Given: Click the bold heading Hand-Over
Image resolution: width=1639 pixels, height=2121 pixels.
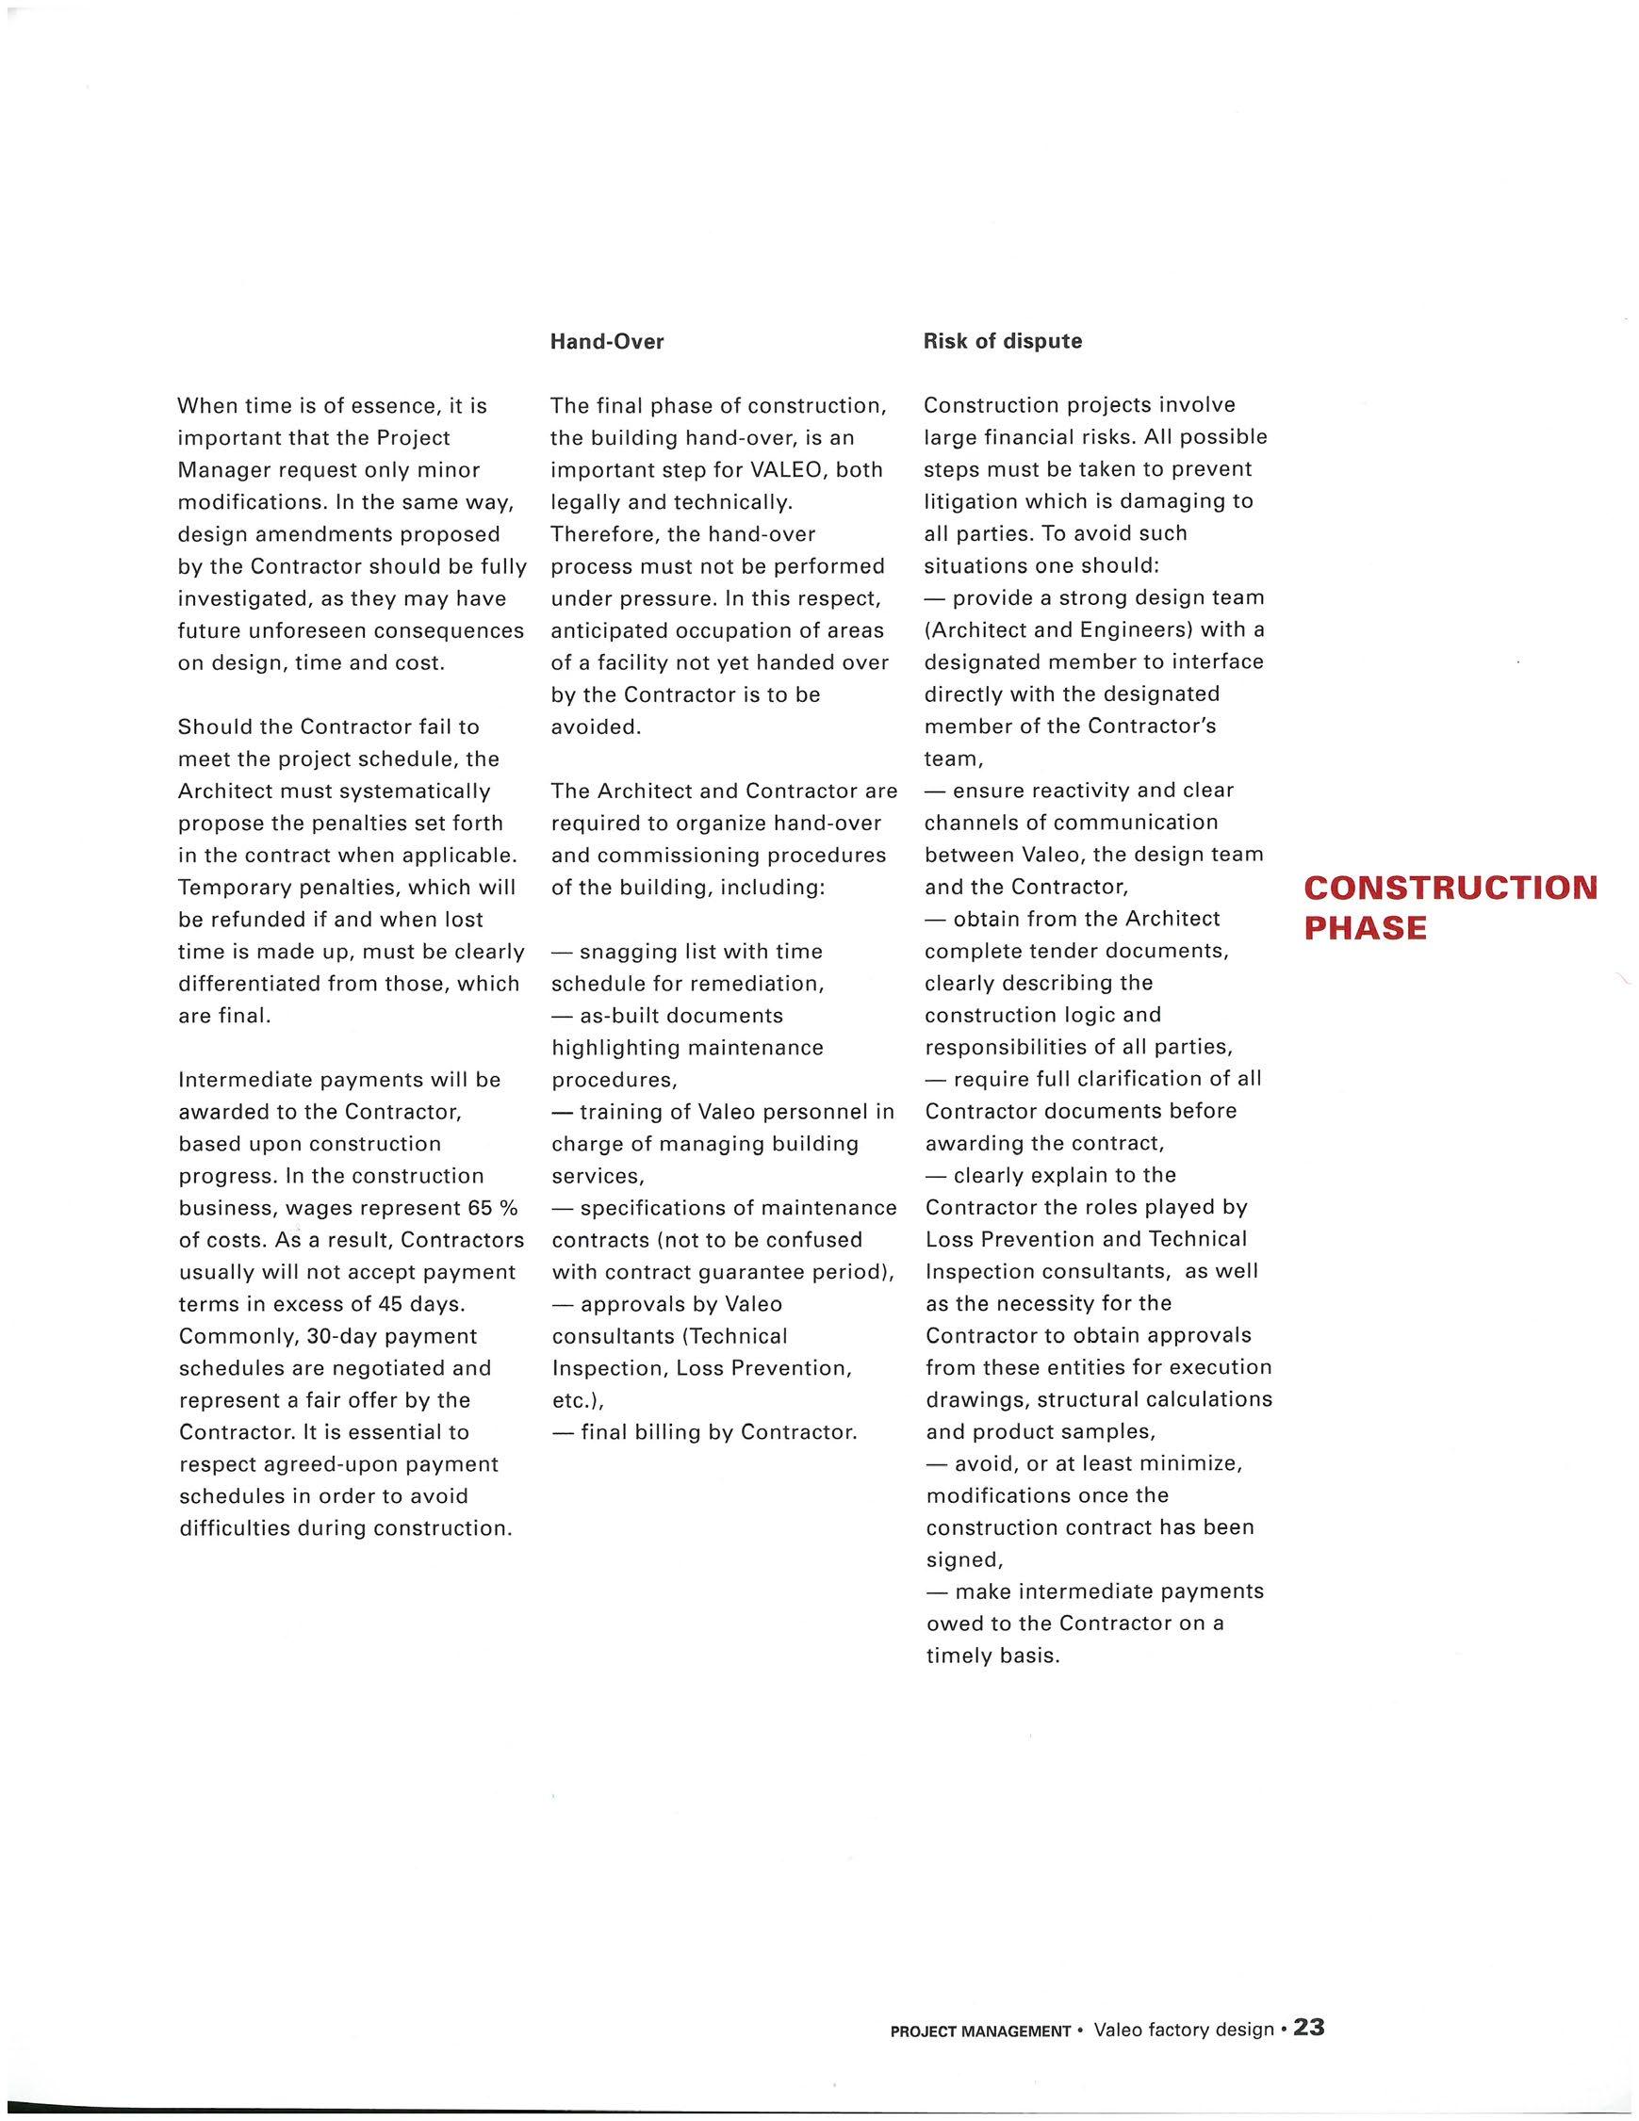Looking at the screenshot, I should point(607,342).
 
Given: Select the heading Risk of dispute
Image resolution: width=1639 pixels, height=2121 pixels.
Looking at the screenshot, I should point(1002,342).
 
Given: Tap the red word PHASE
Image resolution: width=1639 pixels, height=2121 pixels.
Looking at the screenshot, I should point(1365,928).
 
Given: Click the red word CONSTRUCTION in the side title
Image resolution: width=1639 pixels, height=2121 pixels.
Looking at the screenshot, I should point(1450,888).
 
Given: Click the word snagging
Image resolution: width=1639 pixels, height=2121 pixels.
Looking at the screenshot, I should point(623,952).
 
